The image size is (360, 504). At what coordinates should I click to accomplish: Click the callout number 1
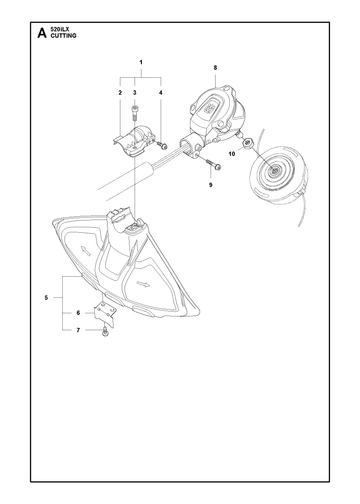[141, 62]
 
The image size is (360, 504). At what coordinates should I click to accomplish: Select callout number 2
[120, 93]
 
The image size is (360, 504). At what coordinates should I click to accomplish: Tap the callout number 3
[135, 93]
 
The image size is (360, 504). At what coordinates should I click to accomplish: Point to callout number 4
[161, 93]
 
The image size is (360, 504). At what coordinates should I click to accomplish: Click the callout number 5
[46, 297]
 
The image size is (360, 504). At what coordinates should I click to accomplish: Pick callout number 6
[78, 313]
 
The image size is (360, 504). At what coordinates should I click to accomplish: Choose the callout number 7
[78, 330]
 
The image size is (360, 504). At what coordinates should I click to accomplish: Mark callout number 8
[215, 68]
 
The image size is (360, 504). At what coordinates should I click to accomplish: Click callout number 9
[210, 185]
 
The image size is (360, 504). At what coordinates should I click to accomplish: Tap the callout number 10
[232, 154]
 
